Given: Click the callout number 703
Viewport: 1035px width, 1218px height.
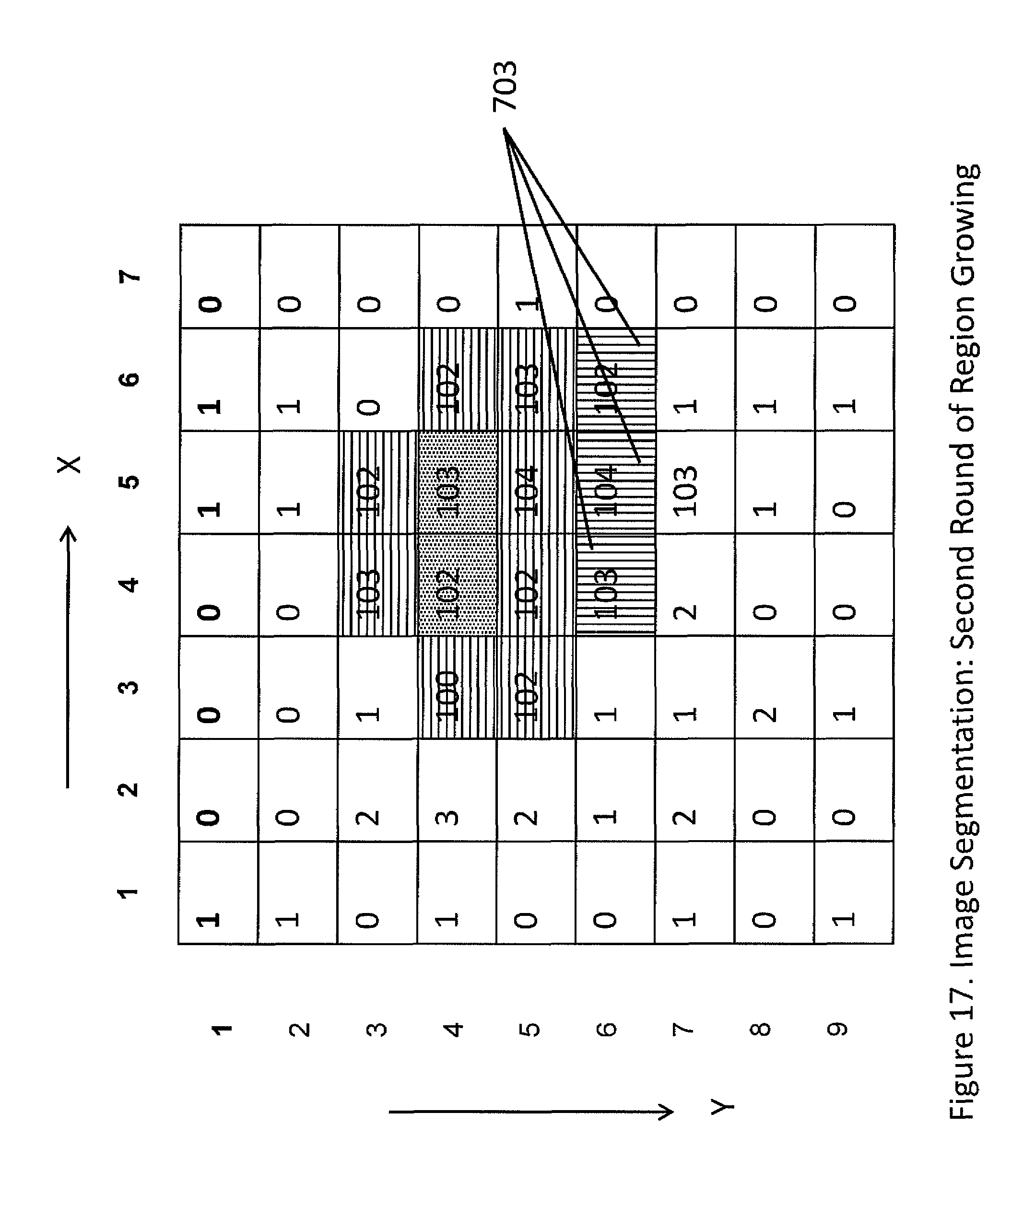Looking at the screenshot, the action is coord(505,86).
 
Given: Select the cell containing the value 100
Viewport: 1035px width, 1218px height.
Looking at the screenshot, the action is coord(457,688).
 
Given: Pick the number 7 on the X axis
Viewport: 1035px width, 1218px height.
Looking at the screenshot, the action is coord(129,276).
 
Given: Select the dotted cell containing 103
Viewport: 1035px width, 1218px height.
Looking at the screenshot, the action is coord(457,482).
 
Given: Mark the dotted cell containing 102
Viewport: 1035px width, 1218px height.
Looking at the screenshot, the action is coord(457,585).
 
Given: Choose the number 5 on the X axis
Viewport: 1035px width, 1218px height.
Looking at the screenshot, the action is coord(129,481).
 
